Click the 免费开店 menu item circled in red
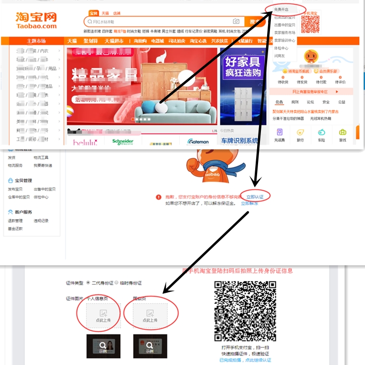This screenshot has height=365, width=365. [281, 9]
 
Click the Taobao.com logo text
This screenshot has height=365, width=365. [36, 26]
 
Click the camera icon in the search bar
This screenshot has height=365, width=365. [236, 21]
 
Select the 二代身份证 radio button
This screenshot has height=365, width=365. [88, 283]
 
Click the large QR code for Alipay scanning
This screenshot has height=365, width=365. [245, 311]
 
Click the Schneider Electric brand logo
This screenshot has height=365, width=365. [123, 142]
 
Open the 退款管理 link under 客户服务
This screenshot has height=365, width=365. [15, 221]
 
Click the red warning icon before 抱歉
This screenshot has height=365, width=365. [158, 197]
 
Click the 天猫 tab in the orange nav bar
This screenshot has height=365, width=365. [72, 41]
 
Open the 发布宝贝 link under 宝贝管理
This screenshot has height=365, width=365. [15, 189]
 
